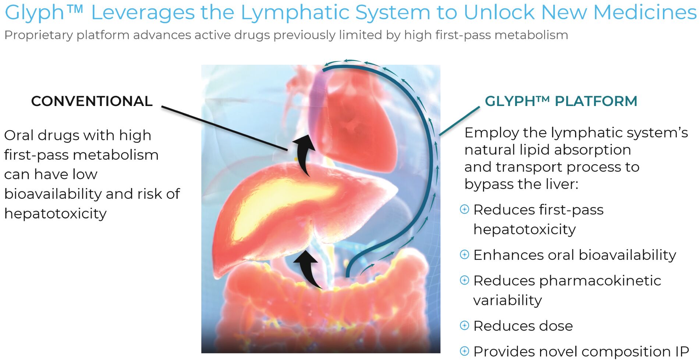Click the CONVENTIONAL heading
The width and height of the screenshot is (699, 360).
[x=92, y=101]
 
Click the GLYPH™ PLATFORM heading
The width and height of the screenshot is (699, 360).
[x=561, y=101]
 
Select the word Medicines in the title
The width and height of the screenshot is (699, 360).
[x=645, y=12]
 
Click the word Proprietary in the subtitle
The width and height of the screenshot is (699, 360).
[x=39, y=35]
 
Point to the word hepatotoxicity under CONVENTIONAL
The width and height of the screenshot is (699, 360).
[x=56, y=214]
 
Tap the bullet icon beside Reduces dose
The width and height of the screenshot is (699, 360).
[x=465, y=325]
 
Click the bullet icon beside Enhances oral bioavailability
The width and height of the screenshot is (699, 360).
[x=465, y=254]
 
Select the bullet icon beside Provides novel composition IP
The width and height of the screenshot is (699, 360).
[x=465, y=351]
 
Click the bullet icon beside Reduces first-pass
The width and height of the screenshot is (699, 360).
[x=465, y=209]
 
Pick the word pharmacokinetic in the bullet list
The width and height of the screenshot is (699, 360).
[x=600, y=281]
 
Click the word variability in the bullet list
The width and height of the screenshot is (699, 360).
[x=508, y=300]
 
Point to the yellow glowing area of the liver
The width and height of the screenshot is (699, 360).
[x=280, y=206]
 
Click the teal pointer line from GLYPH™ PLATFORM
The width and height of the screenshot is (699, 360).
[x=460, y=121]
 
